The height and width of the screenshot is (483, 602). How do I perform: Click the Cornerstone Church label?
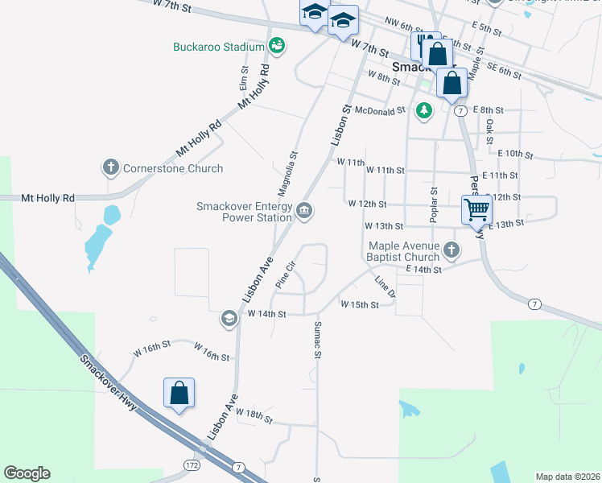pos(172,168)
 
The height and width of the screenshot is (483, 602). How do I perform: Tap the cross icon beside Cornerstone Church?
pos(110,168)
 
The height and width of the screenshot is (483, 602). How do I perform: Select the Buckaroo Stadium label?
pos(219,47)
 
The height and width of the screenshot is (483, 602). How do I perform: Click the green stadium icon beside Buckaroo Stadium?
pos(277,46)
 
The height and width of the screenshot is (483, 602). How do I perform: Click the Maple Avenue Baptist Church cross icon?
pos(451,250)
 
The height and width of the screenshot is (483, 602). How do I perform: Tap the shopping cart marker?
pos(476,209)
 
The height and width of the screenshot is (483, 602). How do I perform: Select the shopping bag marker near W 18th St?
pos(179,394)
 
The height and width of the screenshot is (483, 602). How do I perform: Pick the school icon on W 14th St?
pos(229,319)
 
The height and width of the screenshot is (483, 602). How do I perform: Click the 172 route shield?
pos(191,465)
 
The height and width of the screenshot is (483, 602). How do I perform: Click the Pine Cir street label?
pos(286,275)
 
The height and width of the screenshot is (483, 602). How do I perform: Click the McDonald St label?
pos(381,111)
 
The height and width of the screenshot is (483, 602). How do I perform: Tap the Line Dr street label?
pos(386,287)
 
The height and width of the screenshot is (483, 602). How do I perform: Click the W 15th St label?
pos(360,304)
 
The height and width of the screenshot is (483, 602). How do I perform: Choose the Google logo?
pos(27,473)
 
